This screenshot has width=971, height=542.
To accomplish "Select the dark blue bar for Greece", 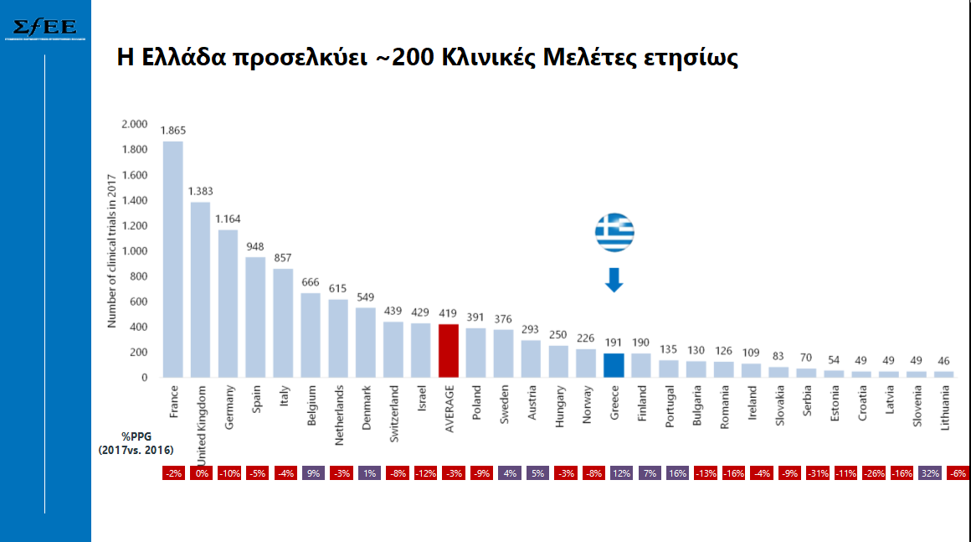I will point(614,365).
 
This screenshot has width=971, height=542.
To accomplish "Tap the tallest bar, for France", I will point(173,259).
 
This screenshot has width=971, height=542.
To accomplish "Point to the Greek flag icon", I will point(614,232).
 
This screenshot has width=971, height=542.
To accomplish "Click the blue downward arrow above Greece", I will point(614,280).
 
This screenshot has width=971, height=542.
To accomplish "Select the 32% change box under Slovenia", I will point(929,473).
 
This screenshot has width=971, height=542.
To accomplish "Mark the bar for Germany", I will point(228,303).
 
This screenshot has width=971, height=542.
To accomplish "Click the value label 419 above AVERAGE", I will point(448,312).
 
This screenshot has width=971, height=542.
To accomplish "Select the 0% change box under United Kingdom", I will point(202,473).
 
